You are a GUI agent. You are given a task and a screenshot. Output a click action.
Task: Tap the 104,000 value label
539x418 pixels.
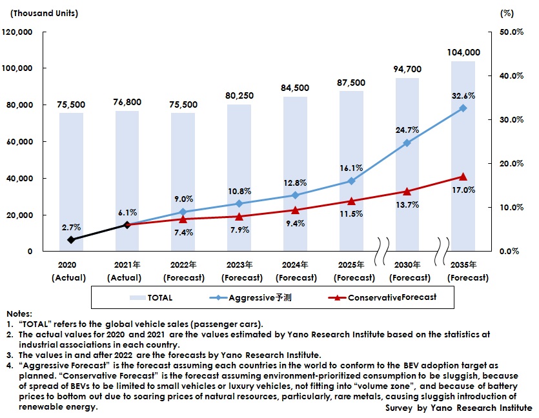pos(463,52)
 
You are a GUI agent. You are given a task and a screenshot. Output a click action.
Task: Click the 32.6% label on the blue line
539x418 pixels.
pos(463,95)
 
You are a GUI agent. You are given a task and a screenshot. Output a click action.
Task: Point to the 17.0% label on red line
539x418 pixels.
pos(463,190)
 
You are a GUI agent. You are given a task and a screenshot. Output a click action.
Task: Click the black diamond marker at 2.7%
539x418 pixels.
pos(71,239)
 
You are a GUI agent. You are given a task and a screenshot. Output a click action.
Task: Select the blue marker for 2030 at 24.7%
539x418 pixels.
pos(407,143)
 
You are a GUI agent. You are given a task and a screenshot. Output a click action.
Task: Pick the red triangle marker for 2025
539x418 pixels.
pos(351,201)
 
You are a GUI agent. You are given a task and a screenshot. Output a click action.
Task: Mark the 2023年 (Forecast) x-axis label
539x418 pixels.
pos(239,271)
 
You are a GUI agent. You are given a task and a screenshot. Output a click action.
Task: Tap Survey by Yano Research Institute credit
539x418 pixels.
pos(459,408)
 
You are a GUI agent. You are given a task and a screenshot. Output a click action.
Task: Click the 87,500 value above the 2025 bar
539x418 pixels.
pos(351,83)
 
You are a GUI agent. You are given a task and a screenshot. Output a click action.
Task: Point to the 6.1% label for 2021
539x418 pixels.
pos(127,212)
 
